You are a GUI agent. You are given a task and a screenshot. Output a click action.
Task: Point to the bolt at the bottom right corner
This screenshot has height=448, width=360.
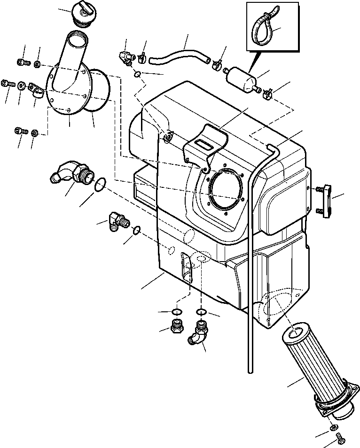[x=340, y=439]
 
